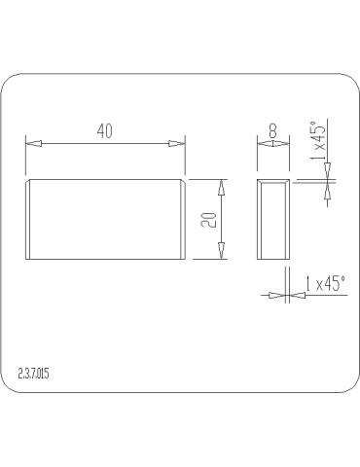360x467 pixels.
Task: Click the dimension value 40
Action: pos(104,131)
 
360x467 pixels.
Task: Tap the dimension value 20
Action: pos(208,220)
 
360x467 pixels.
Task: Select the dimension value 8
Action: pos(272,131)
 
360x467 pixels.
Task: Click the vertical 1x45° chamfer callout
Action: pos(318,141)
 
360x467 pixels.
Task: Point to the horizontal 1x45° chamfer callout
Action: pos(325,284)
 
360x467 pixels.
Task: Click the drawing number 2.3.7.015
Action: pos(34,374)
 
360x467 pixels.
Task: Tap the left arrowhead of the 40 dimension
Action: pos(34,143)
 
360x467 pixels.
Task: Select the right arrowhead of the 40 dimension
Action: pos(177,143)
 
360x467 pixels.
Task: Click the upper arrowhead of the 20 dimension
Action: pos(221,187)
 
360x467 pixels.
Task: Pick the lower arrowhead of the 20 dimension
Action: pos(221,251)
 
